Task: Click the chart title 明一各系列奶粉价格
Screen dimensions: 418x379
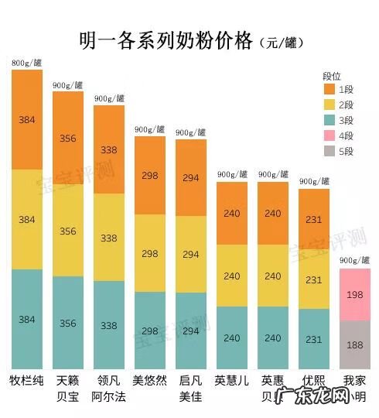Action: click(166, 40)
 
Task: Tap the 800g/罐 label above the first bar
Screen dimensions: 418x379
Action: click(26, 63)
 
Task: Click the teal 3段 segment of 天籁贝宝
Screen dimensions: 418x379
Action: click(67, 323)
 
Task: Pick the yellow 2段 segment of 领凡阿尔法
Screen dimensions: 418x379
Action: click(108, 237)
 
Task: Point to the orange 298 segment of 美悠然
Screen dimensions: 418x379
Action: click(150, 176)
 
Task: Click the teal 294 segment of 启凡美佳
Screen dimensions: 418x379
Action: click(191, 331)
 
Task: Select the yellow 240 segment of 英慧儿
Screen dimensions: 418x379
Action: click(231, 275)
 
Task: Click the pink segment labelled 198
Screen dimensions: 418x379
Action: click(355, 295)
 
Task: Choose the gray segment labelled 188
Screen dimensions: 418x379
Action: click(355, 344)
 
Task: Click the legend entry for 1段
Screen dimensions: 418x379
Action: click(337, 89)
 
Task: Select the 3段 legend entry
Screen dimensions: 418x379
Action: click(337, 120)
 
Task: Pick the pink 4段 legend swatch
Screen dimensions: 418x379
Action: click(329, 135)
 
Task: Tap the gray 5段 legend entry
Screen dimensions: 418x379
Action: click(337, 151)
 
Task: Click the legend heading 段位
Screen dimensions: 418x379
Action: click(332, 75)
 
